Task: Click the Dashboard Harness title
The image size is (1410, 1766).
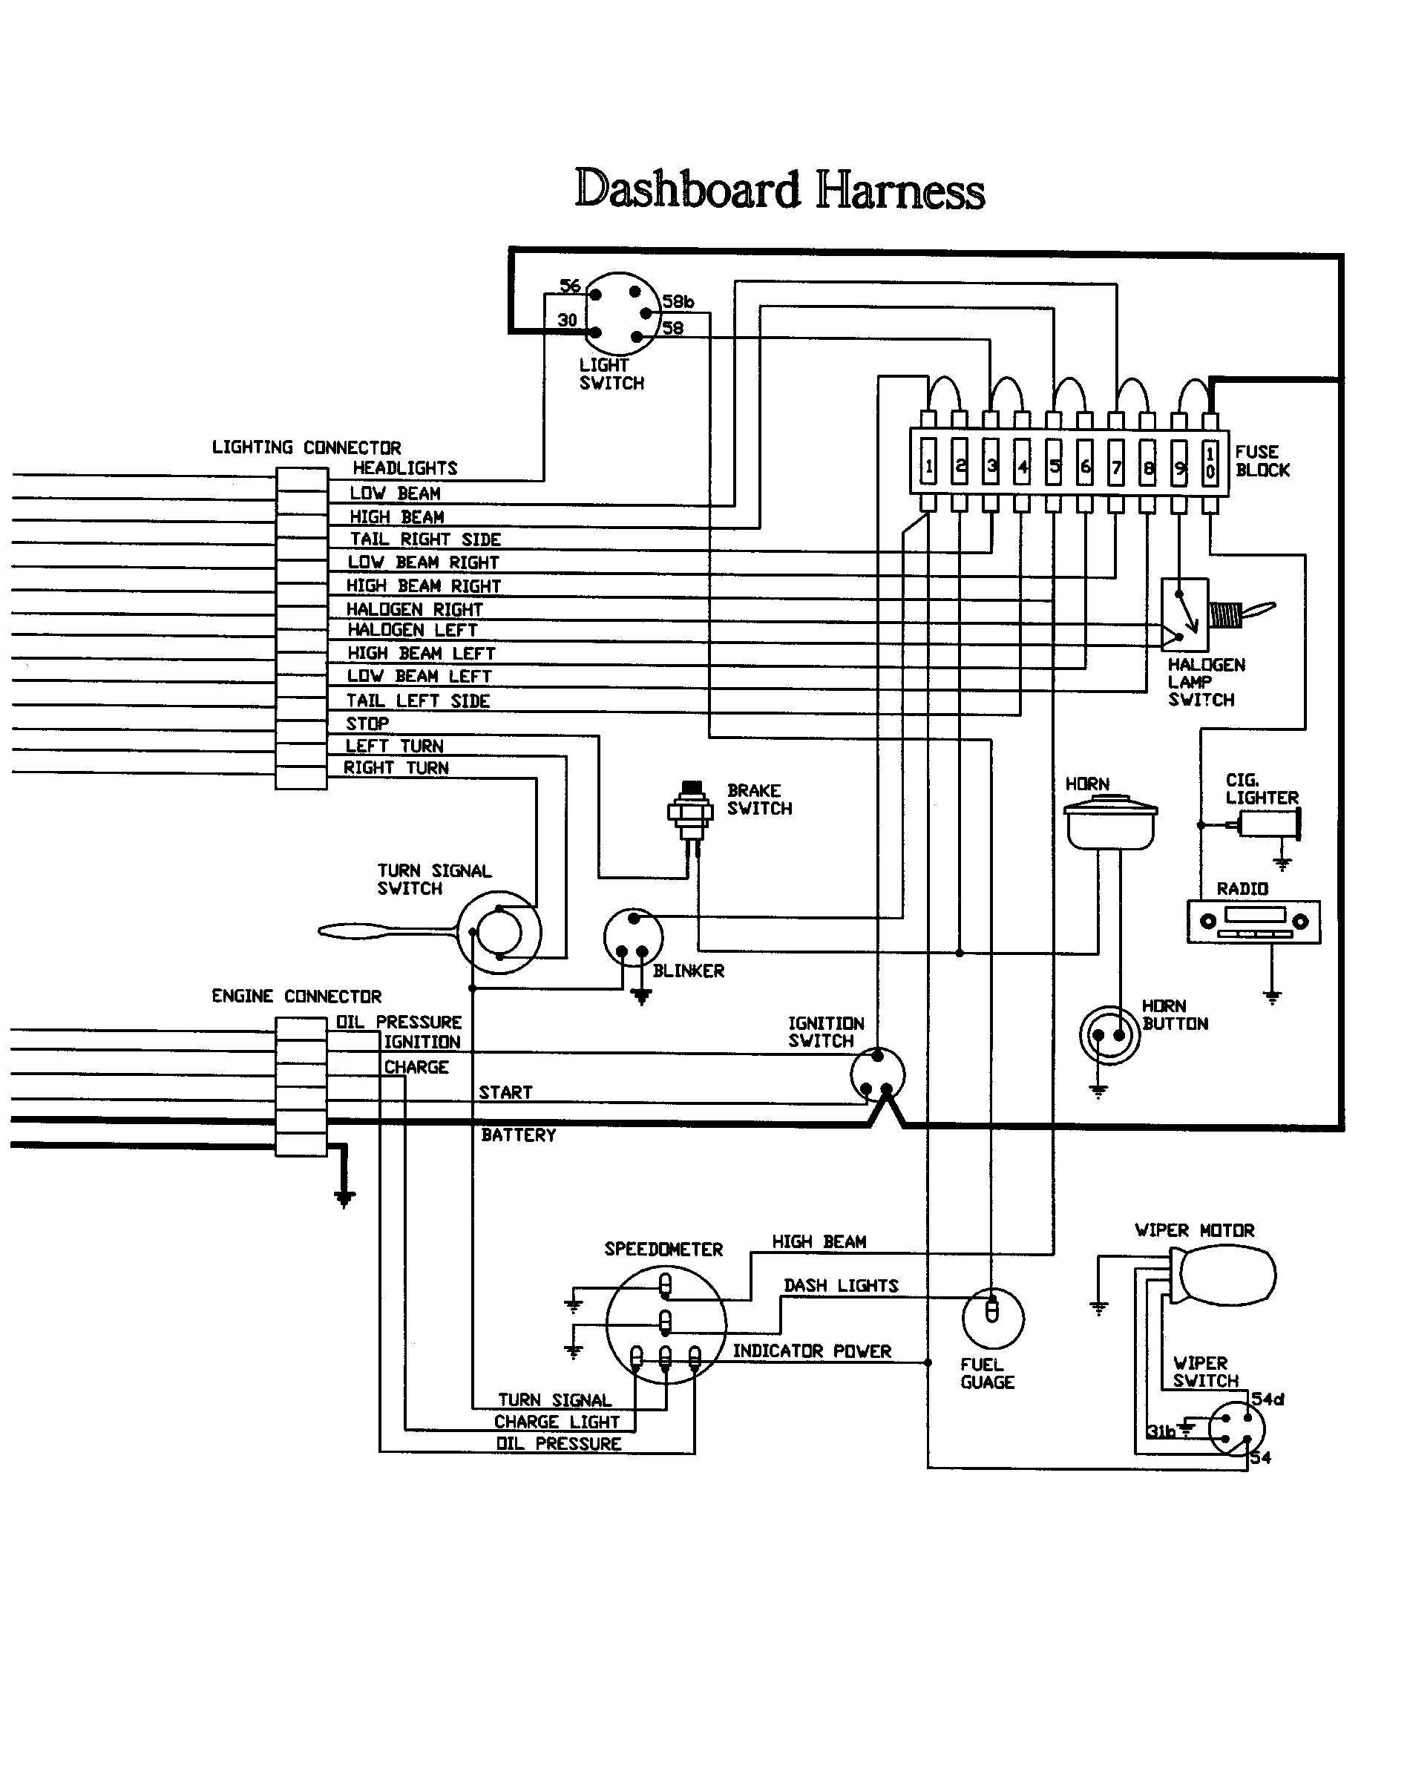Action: coord(779,189)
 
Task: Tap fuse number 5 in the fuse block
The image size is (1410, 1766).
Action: coord(1055,465)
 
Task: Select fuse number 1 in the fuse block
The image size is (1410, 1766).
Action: coord(928,465)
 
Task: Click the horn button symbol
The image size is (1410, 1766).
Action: coord(1109,1035)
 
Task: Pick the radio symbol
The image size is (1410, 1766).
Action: coord(1253,922)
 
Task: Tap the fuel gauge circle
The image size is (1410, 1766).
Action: coord(992,1318)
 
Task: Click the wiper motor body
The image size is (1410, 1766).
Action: coord(1227,1276)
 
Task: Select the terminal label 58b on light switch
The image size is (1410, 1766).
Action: coord(678,302)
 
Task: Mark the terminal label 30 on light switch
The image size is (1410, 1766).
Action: coord(567,321)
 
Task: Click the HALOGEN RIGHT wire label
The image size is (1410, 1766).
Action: coord(415,609)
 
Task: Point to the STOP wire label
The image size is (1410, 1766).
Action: coord(367,724)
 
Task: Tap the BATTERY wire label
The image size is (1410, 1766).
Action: coord(519,1135)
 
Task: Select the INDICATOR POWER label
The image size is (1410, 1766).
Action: coord(812,1351)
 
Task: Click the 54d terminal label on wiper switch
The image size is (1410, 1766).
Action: coord(1268,1399)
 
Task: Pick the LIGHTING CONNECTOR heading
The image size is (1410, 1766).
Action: coord(306,448)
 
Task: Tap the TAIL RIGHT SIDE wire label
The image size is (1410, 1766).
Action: coord(425,539)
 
